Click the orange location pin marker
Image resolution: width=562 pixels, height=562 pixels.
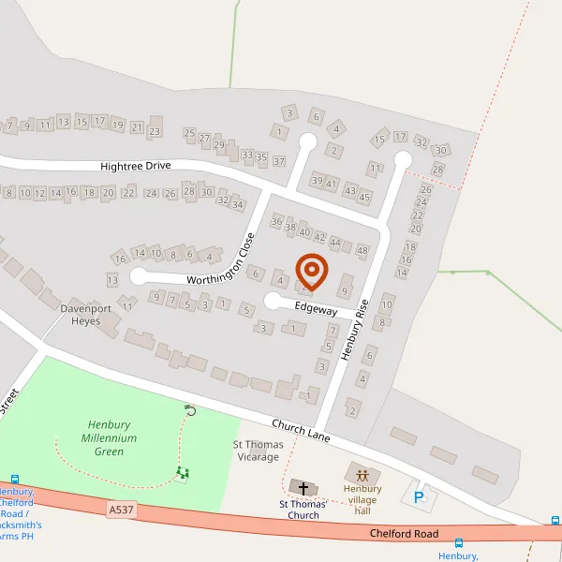click(x=311, y=272)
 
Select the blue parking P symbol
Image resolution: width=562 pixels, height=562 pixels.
click(x=419, y=497)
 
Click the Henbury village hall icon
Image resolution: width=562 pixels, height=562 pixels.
click(x=362, y=474)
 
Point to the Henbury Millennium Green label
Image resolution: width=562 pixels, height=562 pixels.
click(x=110, y=437)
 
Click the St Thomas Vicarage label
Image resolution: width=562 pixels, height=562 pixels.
click(x=256, y=451)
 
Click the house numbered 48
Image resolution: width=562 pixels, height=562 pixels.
click(x=362, y=250)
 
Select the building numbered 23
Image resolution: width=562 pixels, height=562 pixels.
click(x=155, y=132)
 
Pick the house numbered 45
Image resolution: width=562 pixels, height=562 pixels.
click(x=364, y=197)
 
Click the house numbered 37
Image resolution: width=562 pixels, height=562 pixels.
click(x=278, y=162)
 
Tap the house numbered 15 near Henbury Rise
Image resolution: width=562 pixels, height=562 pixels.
click(x=379, y=140)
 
